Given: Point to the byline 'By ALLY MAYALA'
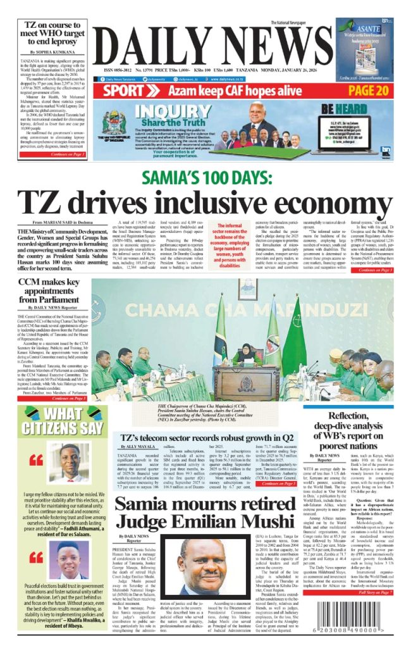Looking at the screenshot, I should (135, 447).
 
